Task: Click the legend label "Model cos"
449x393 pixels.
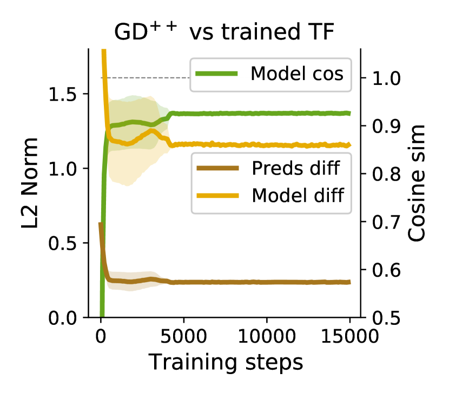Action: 296,74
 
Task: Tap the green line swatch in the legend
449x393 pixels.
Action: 216,74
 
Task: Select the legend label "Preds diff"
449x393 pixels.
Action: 295,169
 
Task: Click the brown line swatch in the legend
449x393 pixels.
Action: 217,169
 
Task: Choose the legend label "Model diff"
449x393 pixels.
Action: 298,195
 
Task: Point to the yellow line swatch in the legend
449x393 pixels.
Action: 217,195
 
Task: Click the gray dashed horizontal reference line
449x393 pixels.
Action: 146,78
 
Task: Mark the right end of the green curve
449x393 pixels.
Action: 350,113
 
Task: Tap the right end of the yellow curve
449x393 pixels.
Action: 350,145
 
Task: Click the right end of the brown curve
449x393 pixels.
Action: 350,282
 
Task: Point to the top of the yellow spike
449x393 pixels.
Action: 104,51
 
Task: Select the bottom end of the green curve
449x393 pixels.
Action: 102,314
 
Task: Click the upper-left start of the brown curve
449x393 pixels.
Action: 100,223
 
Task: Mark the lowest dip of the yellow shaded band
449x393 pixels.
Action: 126,184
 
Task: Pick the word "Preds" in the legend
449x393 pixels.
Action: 277,169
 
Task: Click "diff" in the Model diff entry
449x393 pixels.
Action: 327,195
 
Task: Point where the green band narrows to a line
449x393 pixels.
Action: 172,114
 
